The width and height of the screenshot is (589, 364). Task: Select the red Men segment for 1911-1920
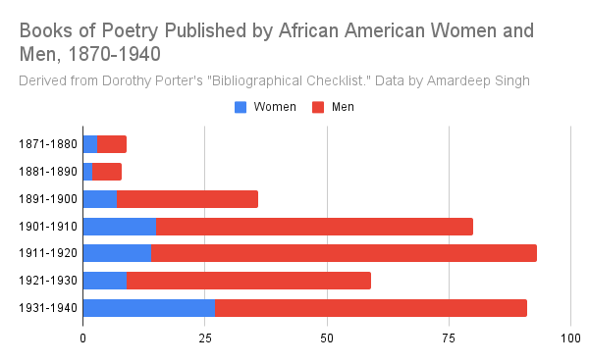(x=344, y=253)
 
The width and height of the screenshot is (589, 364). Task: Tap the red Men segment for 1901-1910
(x=314, y=227)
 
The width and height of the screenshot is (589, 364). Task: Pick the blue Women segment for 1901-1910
(x=120, y=227)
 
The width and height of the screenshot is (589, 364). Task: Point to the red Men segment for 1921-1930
(x=248, y=281)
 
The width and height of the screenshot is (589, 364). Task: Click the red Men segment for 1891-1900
(x=187, y=199)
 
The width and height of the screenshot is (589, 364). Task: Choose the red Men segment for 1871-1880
(x=112, y=144)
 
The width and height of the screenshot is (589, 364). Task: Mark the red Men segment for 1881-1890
(x=107, y=172)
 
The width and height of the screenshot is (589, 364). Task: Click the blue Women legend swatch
(x=241, y=106)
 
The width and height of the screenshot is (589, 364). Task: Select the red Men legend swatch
(x=318, y=106)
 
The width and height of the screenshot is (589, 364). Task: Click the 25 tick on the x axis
(x=205, y=338)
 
